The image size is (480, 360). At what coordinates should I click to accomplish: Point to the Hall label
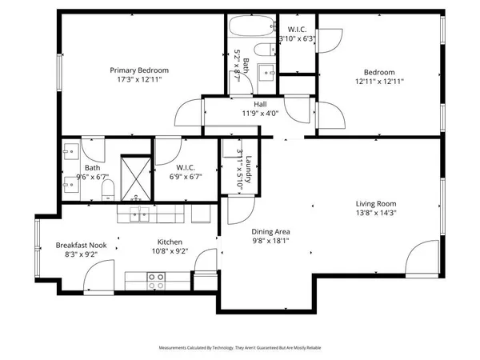[x=261, y=104]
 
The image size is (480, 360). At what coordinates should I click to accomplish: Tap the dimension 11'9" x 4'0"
[x=261, y=114]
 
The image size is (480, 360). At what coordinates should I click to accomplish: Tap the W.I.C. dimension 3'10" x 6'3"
[x=297, y=38]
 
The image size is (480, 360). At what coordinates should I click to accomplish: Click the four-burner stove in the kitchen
[x=156, y=279]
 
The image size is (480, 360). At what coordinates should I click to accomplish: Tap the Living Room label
[x=376, y=203]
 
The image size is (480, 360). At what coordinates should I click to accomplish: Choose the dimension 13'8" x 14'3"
[x=376, y=214]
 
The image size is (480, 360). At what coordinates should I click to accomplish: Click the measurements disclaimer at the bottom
[x=239, y=348]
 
